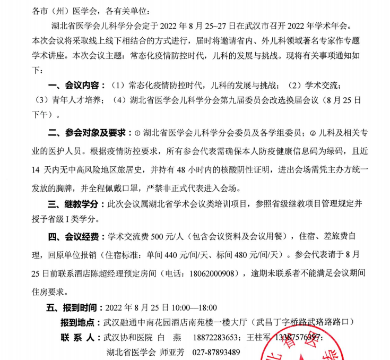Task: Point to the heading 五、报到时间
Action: tap(74, 307)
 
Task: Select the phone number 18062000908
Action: tap(212, 274)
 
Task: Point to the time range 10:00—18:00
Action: tap(194, 307)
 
